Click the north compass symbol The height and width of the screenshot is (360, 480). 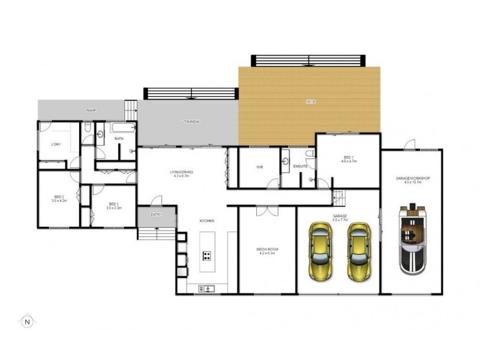tap(27, 321)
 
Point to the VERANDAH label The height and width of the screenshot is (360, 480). tap(191, 122)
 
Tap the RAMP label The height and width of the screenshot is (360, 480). tap(91, 110)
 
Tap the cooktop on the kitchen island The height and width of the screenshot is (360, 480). tap(206, 256)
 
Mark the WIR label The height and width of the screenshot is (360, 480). tap(260, 167)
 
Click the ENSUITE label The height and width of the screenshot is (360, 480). tap(300, 167)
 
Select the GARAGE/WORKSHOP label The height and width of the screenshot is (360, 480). tap(412, 180)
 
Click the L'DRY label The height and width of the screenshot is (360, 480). tap(55, 144)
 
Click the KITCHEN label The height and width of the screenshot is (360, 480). tap(208, 221)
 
